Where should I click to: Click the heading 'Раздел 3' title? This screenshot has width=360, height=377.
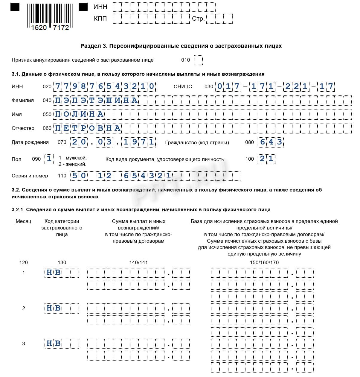tap(181, 46)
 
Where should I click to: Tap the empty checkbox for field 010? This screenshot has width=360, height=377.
tap(198, 60)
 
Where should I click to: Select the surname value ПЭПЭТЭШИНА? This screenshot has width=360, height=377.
tap(96, 101)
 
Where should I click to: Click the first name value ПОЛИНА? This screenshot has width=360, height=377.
tap(79, 114)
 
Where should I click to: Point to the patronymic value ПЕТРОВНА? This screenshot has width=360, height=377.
tap(88, 128)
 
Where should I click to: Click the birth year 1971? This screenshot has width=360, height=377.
tap(139, 142)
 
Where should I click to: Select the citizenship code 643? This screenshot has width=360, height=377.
tap(271, 142)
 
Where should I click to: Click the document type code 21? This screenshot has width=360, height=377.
tap(266, 159)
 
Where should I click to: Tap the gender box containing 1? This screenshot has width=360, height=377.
tap(49, 159)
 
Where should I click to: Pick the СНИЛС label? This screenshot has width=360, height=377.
tap(183, 87)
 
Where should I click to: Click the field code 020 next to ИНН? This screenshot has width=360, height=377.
tap(47, 87)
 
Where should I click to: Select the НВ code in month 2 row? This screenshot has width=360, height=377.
tap(54, 308)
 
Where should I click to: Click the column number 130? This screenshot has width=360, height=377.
tap(62, 262)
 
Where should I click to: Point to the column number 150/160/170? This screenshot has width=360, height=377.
tap(264, 262)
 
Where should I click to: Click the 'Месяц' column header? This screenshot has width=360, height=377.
tap(23, 221)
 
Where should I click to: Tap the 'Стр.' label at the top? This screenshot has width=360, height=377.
tap(198, 19)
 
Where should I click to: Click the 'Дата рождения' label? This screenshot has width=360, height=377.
tap(30, 142)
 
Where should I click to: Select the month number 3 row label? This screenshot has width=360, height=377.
tap(24, 343)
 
